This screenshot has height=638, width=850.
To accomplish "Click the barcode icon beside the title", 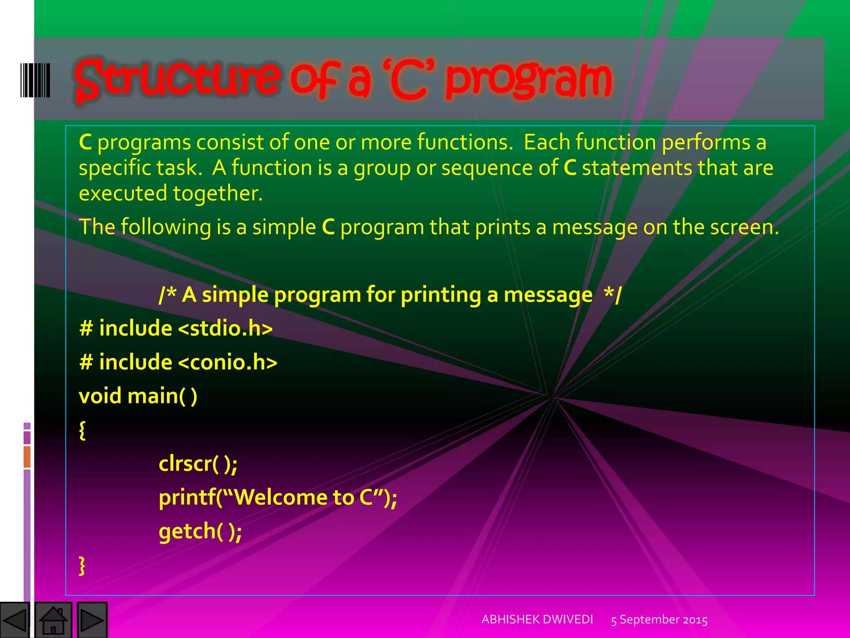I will click(35, 80).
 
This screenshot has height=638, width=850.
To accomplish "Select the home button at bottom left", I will click(53, 620).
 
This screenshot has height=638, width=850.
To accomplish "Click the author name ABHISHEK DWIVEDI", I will click(537, 619).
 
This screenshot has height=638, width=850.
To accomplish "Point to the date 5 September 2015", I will click(659, 620).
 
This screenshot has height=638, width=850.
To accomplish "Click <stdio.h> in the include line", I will click(225, 328).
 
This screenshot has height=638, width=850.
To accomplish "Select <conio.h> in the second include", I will click(227, 362).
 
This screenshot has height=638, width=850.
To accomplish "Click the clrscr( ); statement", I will click(198, 464).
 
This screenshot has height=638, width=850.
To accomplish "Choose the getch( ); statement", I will click(200, 531).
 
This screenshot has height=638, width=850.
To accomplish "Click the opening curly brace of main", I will click(82, 430).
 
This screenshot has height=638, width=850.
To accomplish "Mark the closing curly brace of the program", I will click(82, 565).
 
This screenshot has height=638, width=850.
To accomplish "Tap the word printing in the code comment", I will click(440, 295).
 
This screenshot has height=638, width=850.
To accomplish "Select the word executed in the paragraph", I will click(122, 194).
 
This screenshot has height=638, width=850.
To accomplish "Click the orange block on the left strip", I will click(27, 456).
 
